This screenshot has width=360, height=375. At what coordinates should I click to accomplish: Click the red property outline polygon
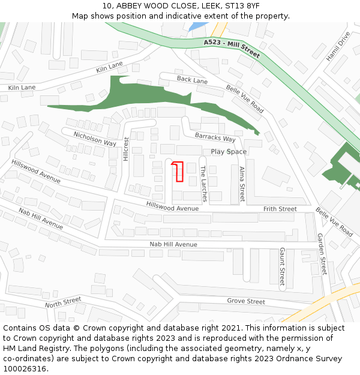[178, 172]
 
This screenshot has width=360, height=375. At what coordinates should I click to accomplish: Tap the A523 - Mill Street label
[232, 49]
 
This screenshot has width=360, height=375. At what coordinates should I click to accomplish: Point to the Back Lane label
[192, 80]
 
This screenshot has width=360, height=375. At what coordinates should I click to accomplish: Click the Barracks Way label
[215, 139]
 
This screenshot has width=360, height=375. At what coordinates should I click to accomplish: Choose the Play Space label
[229, 152]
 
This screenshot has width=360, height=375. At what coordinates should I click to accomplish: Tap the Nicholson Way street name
[95, 139]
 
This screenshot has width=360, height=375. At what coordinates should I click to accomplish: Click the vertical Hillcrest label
[126, 149]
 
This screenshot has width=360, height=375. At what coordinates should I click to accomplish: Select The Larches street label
[203, 184]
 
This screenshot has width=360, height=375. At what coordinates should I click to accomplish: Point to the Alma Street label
[242, 184]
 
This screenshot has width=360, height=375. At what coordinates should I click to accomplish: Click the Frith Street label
[280, 209]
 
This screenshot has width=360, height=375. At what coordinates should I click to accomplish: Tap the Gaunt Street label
[282, 266]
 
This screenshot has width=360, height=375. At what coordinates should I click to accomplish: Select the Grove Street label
[246, 301]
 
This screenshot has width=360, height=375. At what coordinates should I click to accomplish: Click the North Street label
[63, 302]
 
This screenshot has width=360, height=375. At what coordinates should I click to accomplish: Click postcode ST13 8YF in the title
[242, 6]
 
